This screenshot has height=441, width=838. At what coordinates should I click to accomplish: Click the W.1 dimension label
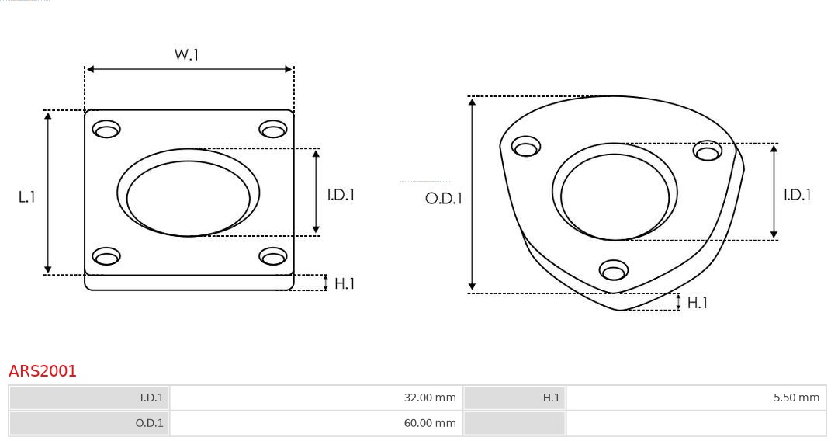click(186, 55)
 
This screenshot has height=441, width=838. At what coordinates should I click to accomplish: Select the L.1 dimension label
click(27, 197)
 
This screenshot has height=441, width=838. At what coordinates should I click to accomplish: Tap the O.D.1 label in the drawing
click(443, 199)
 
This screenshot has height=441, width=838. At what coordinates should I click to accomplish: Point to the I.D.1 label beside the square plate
click(341, 195)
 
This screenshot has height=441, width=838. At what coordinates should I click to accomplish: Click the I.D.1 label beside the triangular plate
click(797, 195)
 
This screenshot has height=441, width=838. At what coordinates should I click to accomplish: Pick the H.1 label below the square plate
click(345, 284)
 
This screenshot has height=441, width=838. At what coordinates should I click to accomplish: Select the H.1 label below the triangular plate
click(697, 303)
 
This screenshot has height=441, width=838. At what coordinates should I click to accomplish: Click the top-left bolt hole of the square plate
click(106, 129)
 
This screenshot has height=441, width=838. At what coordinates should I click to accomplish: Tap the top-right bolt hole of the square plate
click(273, 129)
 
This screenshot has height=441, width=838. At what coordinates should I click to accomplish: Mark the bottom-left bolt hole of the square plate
click(106, 256)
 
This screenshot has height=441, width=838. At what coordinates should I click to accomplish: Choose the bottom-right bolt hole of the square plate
click(273, 256)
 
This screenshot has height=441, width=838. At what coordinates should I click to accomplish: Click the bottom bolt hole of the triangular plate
click(614, 270)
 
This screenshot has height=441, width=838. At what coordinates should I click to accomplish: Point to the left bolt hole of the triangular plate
click(526, 147)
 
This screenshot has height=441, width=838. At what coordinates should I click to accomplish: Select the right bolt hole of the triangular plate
click(708, 151)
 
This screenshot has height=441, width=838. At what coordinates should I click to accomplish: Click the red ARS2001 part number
click(43, 371)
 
